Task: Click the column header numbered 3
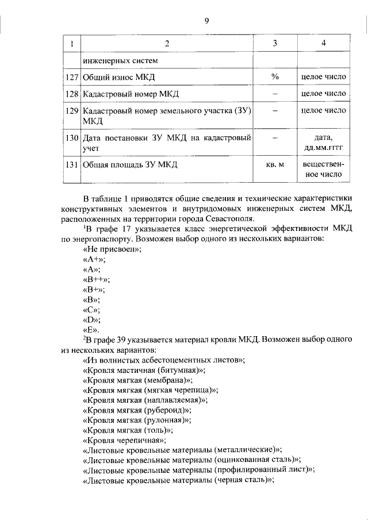(275, 44)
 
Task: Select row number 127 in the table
(72, 76)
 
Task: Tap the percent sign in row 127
(275, 76)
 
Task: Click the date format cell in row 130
(324, 142)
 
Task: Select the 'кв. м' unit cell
(275, 165)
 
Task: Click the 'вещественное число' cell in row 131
(324, 170)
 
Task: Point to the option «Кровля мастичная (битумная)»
(144, 371)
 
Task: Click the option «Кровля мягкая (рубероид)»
(138, 410)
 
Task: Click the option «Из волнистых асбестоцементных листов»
(164, 360)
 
